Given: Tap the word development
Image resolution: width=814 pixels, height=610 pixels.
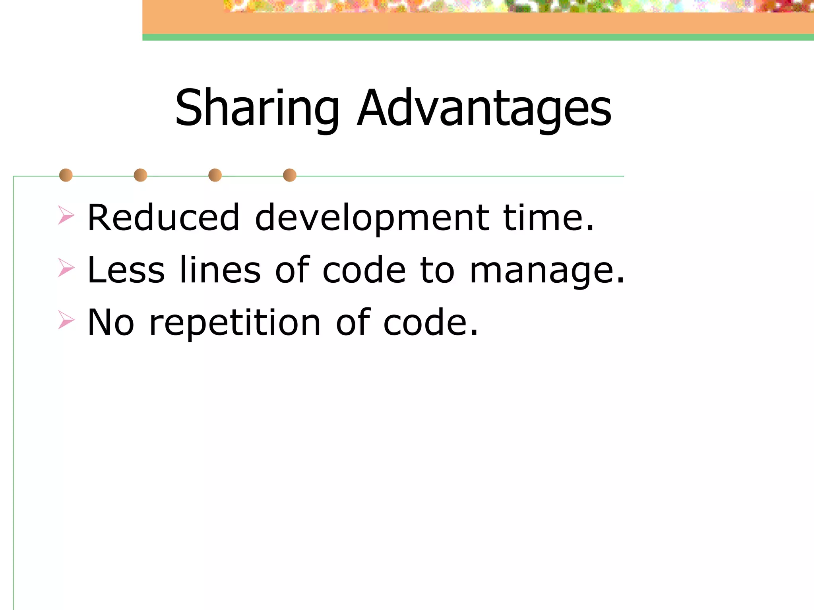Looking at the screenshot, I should coord(372,218).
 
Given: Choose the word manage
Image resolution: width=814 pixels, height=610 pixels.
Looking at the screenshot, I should coord(547,271).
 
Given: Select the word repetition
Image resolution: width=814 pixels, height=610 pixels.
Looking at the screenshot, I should coord(235,323).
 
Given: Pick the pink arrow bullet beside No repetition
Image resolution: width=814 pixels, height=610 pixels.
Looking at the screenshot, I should coord(66,320).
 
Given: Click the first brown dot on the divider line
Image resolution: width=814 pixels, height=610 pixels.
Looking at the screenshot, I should coord(66,175).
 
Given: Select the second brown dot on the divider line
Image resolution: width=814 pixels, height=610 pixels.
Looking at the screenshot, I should coord(140,175).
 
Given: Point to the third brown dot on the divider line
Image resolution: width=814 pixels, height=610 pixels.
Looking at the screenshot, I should coord(215,175).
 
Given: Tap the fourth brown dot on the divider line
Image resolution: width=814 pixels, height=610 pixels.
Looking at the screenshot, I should coord(290,175).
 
